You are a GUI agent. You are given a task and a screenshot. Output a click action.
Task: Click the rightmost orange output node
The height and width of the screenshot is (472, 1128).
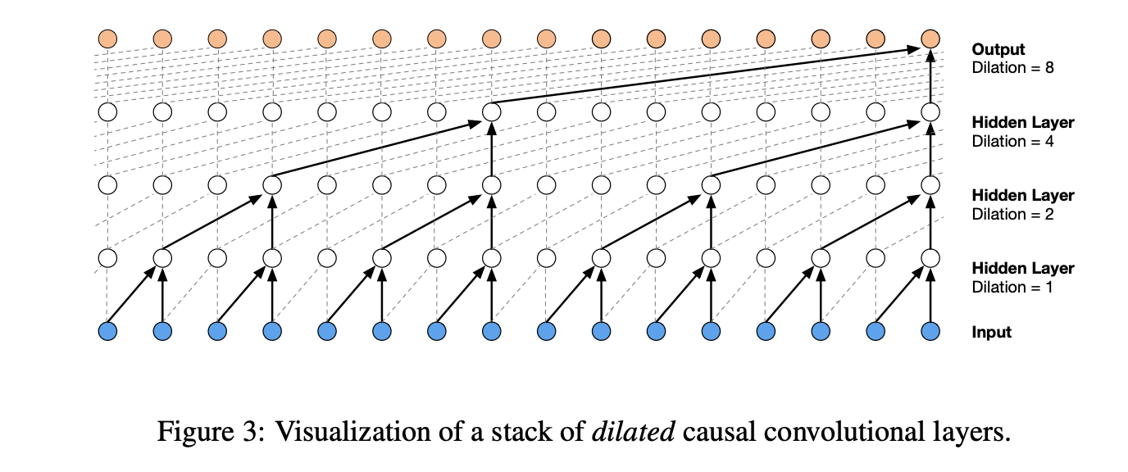(x=930, y=39)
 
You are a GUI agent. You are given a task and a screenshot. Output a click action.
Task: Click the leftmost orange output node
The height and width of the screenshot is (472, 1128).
(x=107, y=39)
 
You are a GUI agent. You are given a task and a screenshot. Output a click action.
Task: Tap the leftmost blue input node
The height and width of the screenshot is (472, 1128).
(x=107, y=331)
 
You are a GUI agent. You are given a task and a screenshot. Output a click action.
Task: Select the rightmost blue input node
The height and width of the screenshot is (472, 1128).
(x=930, y=331)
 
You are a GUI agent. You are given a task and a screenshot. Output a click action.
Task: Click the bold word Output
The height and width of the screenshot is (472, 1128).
(x=998, y=50)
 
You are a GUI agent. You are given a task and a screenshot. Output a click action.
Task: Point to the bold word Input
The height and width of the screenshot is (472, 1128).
(x=992, y=332)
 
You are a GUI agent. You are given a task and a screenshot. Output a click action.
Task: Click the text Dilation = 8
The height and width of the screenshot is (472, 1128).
(x=1012, y=68)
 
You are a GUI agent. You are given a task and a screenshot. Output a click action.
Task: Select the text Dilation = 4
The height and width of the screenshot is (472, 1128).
(x=1012, y=141)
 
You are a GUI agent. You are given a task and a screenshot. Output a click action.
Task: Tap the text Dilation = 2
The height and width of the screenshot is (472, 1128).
(x=1012, y=214)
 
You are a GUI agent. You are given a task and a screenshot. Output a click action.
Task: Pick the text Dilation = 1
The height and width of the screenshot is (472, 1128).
(x=1012, y=287)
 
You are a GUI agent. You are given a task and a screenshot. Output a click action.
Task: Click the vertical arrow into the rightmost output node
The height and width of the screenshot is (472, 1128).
(x=930, y=78)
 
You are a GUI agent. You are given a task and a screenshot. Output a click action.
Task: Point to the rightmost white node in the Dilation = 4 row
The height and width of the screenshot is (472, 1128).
(x=930, y=111)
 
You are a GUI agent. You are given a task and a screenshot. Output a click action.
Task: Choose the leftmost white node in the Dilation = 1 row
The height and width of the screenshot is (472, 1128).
(x=107, y=258)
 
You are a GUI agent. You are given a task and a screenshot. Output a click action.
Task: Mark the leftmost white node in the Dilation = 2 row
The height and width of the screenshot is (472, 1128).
(x=107, y=185)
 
